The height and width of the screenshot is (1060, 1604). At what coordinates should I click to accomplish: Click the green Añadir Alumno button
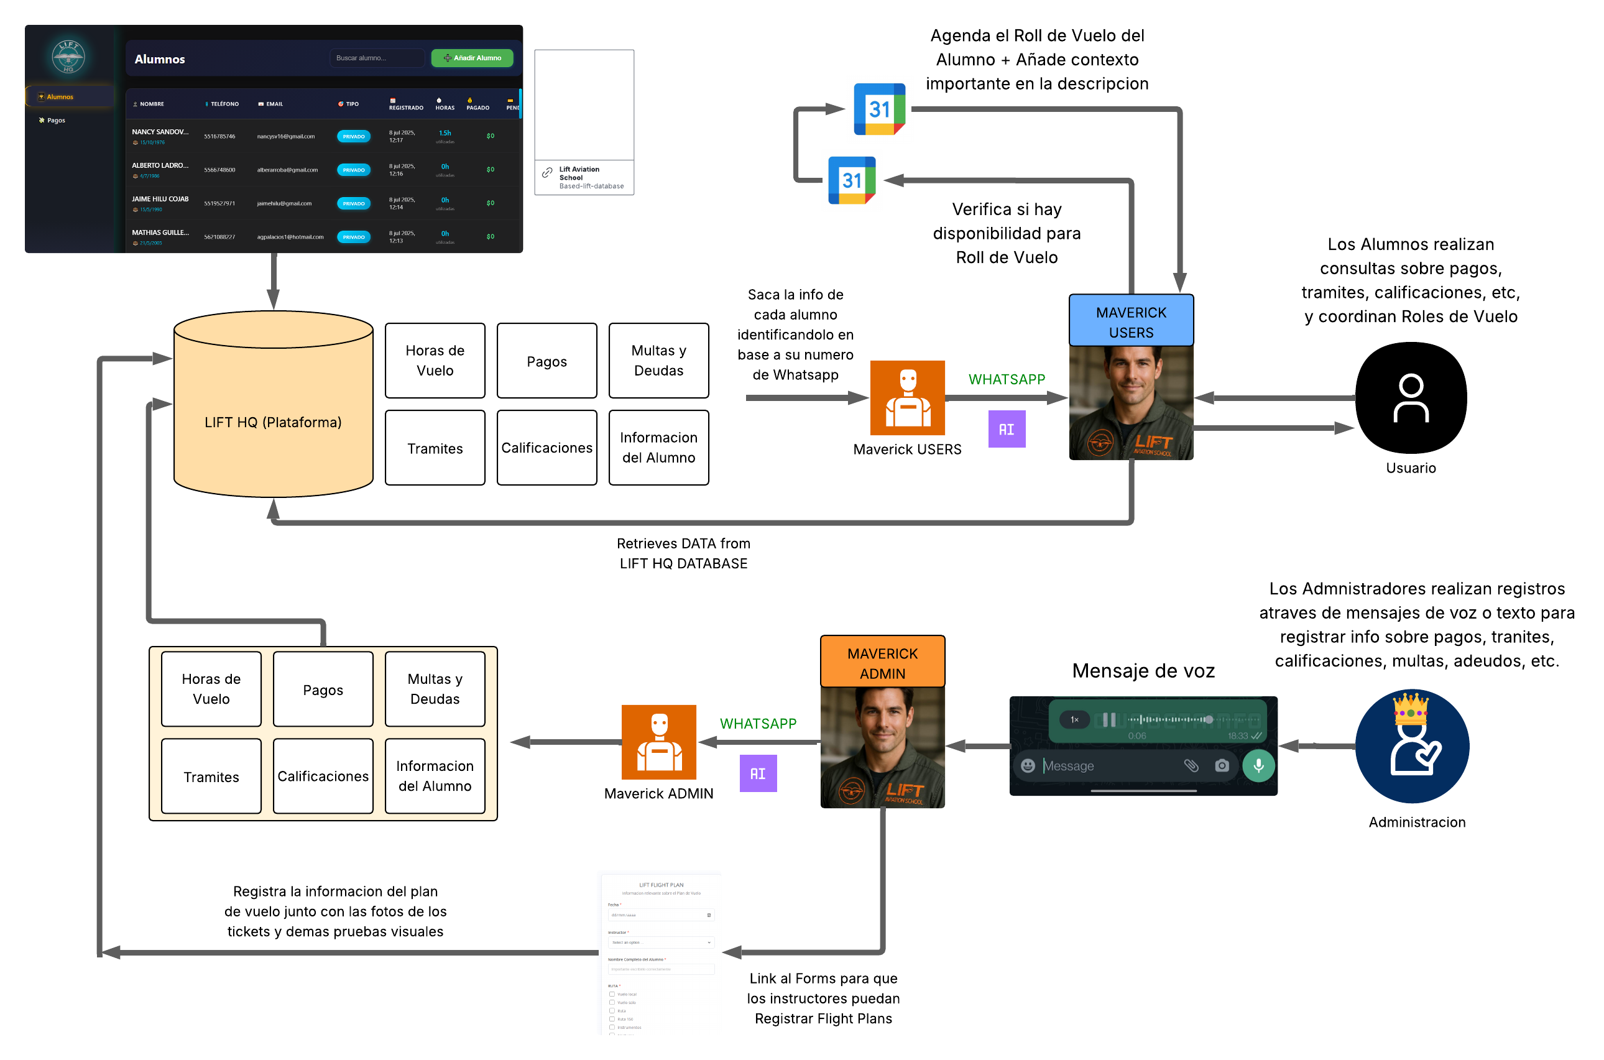click(472, 58)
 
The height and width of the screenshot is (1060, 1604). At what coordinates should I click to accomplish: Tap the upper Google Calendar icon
click(878, 109)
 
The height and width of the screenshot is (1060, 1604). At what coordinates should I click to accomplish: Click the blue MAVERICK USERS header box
click(1131, 322)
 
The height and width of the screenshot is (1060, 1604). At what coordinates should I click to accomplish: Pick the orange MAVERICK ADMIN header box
click(882, 663)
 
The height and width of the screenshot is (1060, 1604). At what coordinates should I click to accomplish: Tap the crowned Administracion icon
click(1411, 745)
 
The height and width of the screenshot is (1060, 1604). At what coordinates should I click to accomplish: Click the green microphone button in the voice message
click(1258, 765)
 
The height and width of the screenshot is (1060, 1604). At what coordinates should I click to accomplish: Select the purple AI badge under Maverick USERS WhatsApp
click(1006, 429)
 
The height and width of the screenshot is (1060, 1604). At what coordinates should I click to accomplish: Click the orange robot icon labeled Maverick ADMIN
click(658, 742)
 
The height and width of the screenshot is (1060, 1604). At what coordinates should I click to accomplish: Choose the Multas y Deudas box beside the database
click(658, 361)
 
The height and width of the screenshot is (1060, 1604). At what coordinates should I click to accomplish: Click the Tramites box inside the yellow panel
click(211, 776)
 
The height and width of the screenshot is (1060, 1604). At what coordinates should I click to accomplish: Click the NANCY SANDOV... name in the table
click(160, 132)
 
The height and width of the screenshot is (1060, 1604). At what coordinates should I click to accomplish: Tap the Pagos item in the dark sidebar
click(56, 121)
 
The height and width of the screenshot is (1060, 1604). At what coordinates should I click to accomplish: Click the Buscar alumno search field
click(377, 58)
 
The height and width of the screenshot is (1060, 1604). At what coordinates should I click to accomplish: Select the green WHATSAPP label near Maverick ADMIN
click(758, 723)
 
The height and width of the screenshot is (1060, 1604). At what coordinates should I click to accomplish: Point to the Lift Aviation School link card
click(584, 177)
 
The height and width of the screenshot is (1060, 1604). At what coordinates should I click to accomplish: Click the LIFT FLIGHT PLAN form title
click(660, 884)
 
